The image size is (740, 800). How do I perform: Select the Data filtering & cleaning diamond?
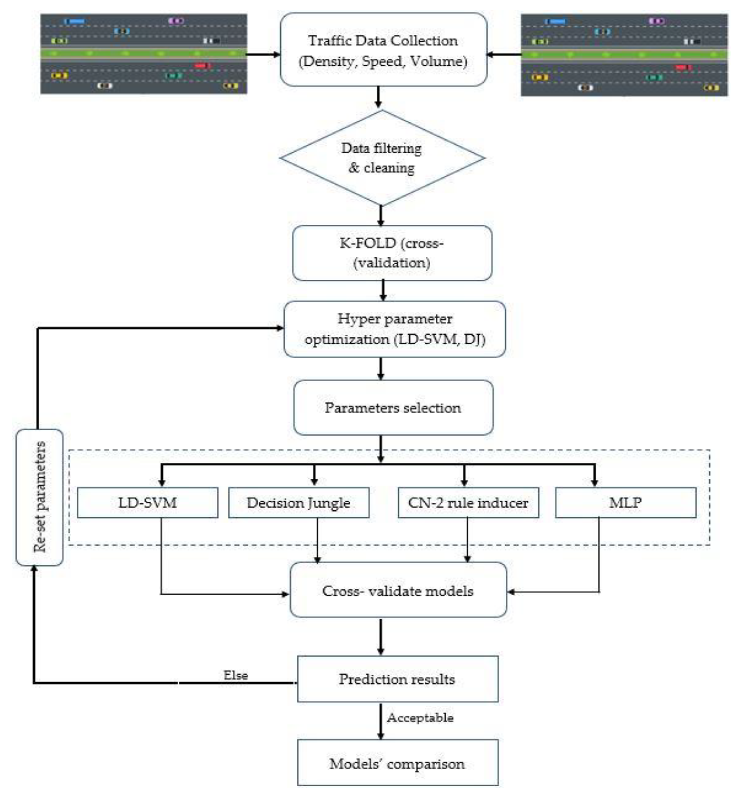[382, 158]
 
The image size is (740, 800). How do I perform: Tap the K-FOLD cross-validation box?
[392, 253]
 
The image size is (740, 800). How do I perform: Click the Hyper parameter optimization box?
[394, 329]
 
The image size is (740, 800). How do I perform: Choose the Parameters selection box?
[393, 407]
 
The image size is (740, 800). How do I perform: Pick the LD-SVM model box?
[147, 502]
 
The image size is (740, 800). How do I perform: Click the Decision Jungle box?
[298, 502]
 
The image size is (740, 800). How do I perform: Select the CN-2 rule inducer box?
[468, 502]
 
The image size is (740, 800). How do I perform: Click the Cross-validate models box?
[398, 591]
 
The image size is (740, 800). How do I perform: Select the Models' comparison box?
[397, 763]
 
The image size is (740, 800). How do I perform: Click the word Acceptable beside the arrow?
[420, 717]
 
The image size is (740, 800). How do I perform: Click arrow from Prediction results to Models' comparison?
[380, 721]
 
